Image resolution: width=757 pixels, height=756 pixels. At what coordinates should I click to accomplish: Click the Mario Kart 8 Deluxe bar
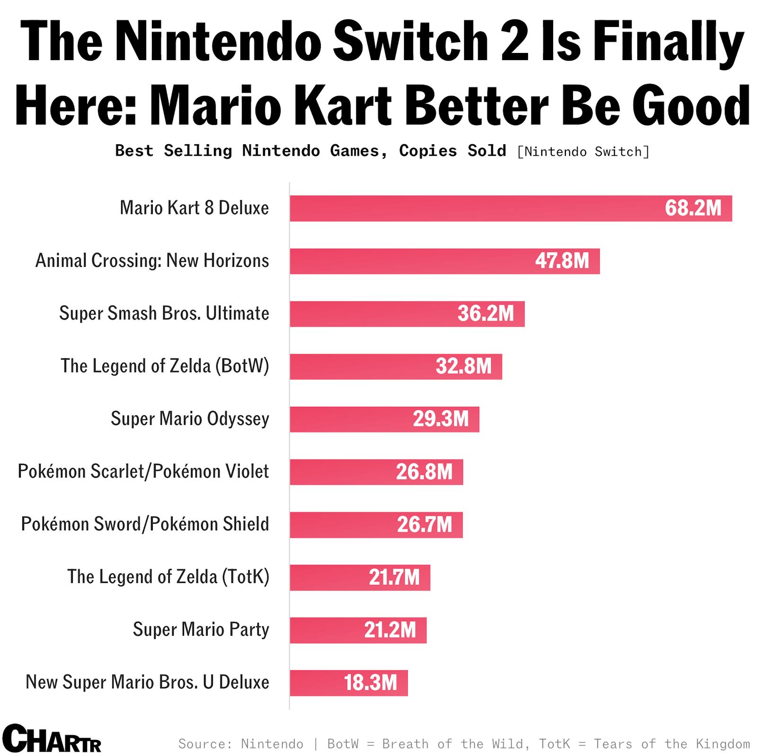tap(473, 208)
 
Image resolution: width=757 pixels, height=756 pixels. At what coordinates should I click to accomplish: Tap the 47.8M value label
tap(562, 261)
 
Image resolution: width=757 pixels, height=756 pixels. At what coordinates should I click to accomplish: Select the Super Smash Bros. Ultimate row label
tap(164, 313)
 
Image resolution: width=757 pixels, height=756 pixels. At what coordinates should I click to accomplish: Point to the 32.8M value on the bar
tap(464, 366)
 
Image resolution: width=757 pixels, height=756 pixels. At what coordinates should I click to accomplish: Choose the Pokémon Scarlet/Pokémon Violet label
tap(143, 471)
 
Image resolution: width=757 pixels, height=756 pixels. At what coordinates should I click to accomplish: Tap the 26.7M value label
tap(424, 524)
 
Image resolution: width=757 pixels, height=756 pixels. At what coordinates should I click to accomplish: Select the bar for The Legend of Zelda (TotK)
tap(331, 577)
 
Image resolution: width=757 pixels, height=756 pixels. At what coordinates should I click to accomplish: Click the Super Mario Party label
tap(201, 630)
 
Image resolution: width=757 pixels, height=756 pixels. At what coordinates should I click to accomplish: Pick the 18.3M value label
tap(370, 683)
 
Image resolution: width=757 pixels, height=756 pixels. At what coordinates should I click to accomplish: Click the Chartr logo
tap(52, 738)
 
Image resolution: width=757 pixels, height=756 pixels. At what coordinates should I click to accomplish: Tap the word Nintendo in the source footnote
tap(272, 744)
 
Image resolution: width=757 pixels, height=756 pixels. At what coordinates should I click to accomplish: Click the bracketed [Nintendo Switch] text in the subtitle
tap(583, 152)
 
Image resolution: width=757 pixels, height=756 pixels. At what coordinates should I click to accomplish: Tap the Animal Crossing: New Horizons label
tap(152, 261)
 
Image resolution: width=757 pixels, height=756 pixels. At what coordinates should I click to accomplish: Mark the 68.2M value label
tap(693, 208)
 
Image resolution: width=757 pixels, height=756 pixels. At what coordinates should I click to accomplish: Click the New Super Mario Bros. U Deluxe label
tap(147, 682)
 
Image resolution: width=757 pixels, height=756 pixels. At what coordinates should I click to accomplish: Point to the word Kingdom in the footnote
tap(722, 744)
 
